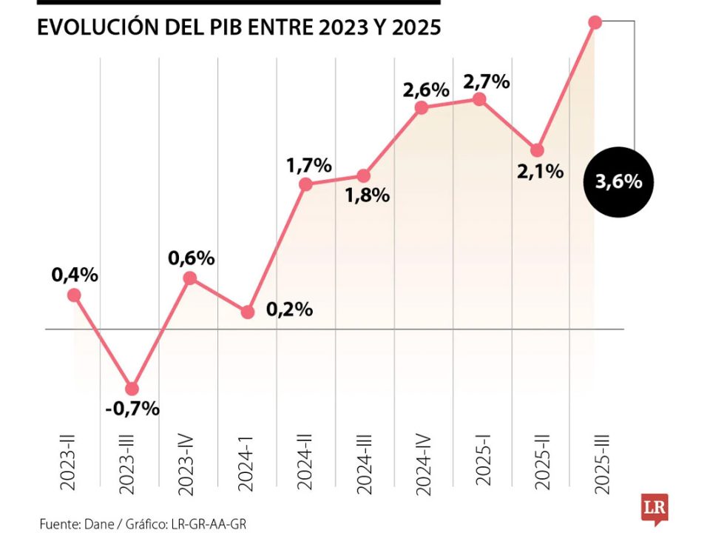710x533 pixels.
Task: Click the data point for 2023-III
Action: [132, 389]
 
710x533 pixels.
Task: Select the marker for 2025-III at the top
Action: [595, 22]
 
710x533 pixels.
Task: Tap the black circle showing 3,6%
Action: [618, 181]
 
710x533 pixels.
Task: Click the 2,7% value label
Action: [486, 82]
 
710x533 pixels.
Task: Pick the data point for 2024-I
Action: [248, 312]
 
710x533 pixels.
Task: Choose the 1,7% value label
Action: [309, 166]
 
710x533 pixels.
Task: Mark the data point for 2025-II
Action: [538, 150]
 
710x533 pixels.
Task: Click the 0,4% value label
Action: [75, 275]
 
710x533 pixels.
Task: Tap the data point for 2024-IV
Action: [422, 107]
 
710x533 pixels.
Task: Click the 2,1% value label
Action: [541, 172]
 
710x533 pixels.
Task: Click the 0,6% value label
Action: [192, 258]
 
